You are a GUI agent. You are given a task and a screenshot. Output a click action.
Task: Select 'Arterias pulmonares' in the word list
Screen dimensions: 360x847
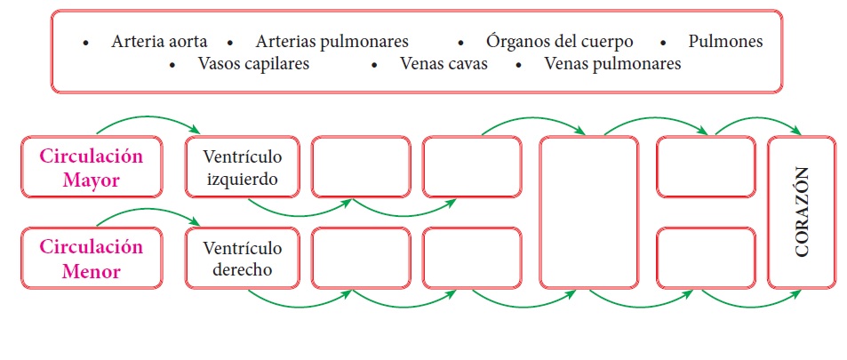(332, 42)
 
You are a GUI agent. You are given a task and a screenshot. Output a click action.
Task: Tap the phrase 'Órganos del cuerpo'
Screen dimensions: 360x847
(559, 42)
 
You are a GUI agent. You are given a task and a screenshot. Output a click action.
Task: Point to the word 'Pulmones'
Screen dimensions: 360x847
(725, 42)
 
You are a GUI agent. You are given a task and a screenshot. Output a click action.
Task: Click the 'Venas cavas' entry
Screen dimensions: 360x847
(443, 64)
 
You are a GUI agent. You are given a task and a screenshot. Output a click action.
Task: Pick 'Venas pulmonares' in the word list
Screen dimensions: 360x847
(612, 64)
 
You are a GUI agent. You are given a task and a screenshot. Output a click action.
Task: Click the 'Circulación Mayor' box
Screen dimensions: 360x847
(91, 167)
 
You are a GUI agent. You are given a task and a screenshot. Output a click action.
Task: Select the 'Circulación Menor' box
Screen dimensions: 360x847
(91, 258)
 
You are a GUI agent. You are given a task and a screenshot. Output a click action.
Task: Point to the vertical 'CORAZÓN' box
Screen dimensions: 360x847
(803, 212)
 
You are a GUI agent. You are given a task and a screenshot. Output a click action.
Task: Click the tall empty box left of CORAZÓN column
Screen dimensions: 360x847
(589, 212)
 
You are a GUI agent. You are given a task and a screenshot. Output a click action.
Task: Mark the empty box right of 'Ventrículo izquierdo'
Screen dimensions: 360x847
(361, 167)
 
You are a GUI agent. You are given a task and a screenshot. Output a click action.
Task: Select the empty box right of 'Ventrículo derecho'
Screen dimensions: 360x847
(361, 258)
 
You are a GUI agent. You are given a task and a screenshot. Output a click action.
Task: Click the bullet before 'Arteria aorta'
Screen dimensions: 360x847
(86, 43)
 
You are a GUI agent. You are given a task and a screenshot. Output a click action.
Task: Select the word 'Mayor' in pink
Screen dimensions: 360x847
(91, 180)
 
